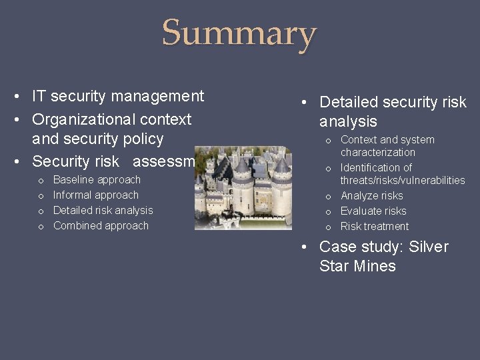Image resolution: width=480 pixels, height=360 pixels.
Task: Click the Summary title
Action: point(239,33)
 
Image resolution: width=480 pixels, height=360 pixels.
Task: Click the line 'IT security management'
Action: point(118,96)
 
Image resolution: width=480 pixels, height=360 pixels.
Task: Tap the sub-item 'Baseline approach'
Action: point(97,179)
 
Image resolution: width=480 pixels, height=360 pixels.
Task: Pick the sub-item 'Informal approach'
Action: point(95,195)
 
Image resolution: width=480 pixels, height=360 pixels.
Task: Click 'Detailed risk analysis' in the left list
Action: point(103,210)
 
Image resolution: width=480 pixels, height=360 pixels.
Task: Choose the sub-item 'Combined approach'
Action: point(101,225)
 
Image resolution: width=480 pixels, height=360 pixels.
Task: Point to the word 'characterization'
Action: point(378,152)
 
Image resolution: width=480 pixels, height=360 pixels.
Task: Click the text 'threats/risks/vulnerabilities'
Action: point(403,180)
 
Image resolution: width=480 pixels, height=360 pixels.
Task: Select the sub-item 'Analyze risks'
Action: point(372,195)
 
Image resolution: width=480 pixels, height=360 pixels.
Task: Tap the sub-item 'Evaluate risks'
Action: point(373,211)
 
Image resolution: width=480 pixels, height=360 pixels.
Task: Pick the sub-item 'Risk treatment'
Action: point(375,226)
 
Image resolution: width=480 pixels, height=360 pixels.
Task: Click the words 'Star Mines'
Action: point(357,266)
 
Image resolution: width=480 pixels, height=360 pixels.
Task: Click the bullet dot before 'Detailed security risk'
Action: point(303,103)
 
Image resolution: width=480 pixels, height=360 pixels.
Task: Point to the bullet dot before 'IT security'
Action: point(16,97)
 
